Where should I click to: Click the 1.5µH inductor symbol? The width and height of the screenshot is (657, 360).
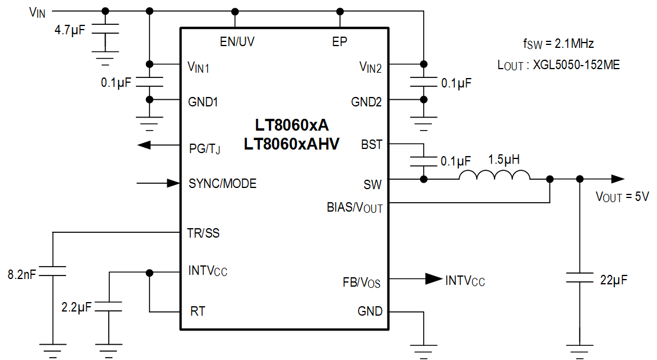pos(495,175)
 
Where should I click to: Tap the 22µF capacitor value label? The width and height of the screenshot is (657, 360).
pos(613,280)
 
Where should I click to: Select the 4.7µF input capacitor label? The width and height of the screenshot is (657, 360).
pos(70,30)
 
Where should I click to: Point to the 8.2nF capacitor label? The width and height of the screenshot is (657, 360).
pos(22,274)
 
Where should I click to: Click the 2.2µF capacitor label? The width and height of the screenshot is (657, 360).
pos(76,307)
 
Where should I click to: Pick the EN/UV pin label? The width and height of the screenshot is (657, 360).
pos(237,41)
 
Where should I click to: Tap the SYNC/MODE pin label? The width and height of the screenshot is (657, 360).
pos(223,184)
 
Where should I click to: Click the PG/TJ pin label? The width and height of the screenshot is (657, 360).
pos(204,149)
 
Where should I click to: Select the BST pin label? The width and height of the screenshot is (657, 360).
pos(372,145)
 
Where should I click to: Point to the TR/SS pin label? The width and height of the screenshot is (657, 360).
pos(203,233)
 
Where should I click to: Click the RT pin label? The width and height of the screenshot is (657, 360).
pos(198,312)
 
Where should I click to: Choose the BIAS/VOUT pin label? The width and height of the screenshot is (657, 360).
pos(354,208)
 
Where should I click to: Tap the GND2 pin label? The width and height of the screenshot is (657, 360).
pos(366,102)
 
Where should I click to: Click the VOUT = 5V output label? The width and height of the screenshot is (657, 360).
pos(622,197)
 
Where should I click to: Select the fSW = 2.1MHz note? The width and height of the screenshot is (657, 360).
pos(558,44)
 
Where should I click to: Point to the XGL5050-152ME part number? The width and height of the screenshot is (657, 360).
pos(576,65)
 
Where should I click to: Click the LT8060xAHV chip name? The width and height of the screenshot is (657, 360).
pos(292,144)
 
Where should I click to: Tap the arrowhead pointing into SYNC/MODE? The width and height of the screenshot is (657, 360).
pos(174,183)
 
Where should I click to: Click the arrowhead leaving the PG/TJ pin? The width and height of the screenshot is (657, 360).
pos(144,145)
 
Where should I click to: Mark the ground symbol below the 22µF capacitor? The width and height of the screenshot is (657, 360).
pos(580,351)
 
